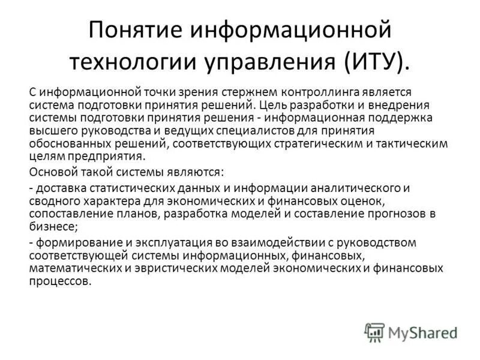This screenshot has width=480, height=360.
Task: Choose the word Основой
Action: pyautogui.click(x=51, y=173)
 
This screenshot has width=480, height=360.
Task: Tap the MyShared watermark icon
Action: pyautogui.click(x=374, y=332)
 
